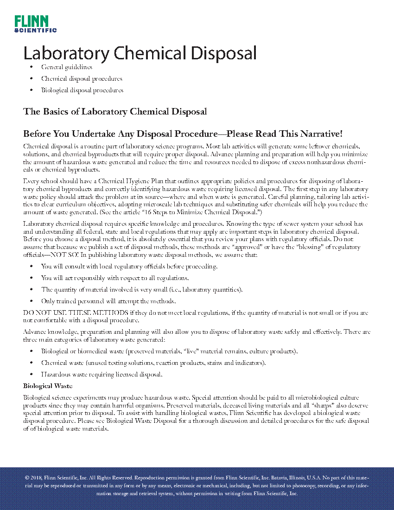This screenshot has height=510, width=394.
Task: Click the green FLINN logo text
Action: [x=31, y=21]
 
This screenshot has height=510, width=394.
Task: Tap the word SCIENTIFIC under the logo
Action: [x=36, y=30]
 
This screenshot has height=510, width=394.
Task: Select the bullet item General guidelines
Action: [x=66, y=67]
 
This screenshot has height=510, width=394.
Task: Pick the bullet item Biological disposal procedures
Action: [x=82, y=90]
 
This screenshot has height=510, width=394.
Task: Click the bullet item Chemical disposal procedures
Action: [x=82, y=79]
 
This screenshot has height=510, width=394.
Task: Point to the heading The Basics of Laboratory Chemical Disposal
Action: [x=115, y=112]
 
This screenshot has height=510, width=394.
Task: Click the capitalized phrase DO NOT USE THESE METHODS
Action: [x=76, y=312]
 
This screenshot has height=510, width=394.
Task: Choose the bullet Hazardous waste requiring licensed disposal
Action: [x=102, y=374]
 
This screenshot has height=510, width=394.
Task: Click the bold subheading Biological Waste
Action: [x=48, y=386]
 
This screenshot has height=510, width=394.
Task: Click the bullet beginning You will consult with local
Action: [x=129, y=267]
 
